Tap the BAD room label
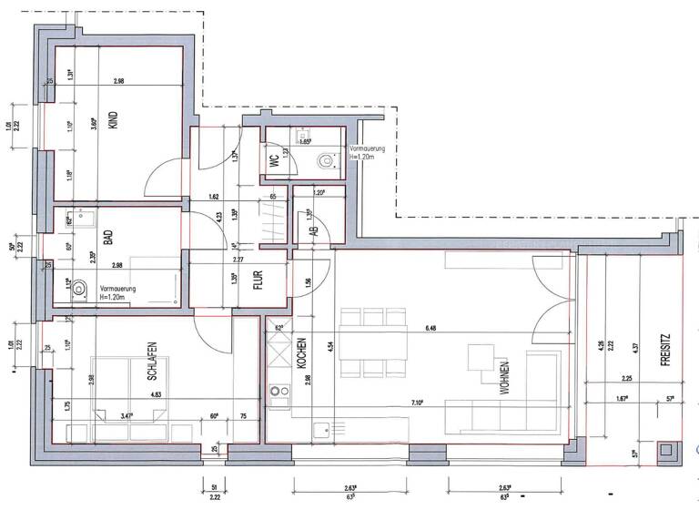107,240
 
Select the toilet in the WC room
325,160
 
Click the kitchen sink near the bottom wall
319,428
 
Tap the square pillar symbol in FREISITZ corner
669,449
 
